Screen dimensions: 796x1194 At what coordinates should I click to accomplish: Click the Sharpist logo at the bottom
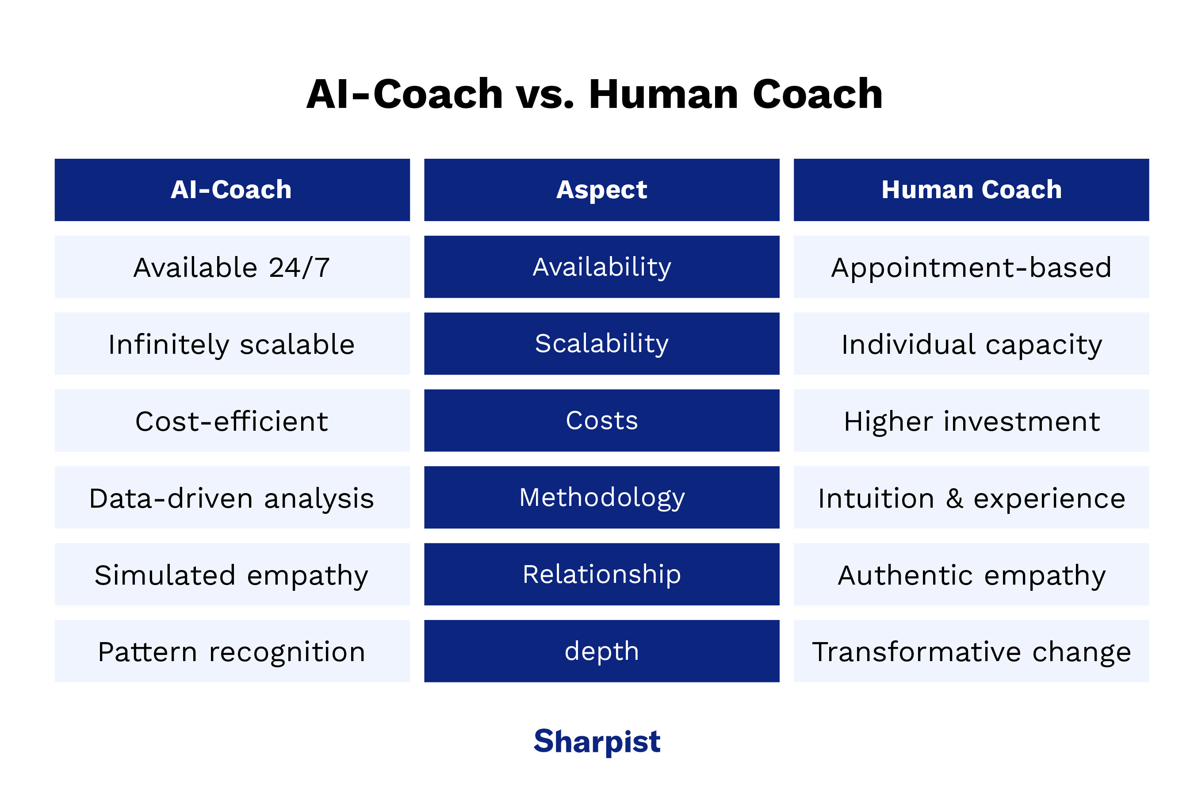tap(597, 742)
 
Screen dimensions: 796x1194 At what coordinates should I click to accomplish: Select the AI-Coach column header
tap(232, 190)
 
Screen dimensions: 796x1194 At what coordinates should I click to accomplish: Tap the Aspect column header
tap(601, 190)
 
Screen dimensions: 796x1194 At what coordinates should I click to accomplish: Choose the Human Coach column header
tap(971, 190)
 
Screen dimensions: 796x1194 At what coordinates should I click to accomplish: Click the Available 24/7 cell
tap(232, 267)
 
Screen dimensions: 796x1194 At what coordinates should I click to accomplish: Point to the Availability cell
tap(601, 267)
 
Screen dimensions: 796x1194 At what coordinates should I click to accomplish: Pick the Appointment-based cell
tap(971, 267)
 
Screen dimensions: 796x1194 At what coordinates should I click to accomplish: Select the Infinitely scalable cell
tap(232, 344)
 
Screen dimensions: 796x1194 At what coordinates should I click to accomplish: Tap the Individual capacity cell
tap(971, 344)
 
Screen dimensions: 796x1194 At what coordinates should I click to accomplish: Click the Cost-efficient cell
tap(232, 421)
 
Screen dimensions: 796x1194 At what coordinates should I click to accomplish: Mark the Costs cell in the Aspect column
tap(601, 421)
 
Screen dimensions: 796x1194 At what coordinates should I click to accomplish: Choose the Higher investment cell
tap(971, 421)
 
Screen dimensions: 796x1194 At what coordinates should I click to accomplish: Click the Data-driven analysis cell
tap(232, 497)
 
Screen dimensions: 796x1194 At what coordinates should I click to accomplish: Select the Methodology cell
tap(601, 497)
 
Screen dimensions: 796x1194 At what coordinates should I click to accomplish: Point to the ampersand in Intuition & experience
tap(954, 498)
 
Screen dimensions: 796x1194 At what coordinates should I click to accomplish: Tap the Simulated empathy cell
tap(232, 574)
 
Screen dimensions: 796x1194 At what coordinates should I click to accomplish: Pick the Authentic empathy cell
tap(971, 574)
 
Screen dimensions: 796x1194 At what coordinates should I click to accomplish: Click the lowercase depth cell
tap(601, 651)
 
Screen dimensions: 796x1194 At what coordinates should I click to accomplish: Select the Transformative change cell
tap(971, 651)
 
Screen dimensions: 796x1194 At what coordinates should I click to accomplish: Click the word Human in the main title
tap(663, 95)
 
